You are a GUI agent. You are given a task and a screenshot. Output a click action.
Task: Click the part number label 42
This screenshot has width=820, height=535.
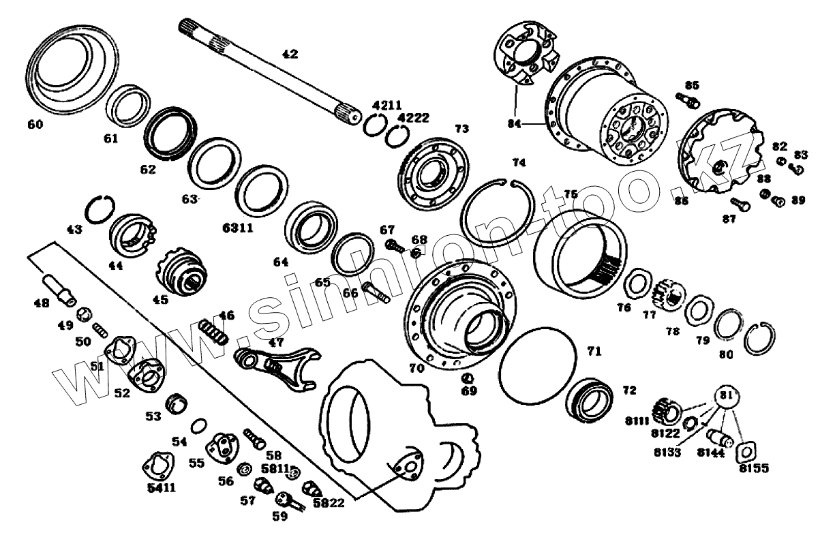click(290, 54)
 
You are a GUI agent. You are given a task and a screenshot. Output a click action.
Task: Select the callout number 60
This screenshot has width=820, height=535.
click(35, 124)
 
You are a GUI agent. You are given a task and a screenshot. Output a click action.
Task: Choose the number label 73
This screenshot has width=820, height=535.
click(461, 128)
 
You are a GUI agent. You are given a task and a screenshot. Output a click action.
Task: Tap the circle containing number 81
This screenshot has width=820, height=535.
click(728, 397)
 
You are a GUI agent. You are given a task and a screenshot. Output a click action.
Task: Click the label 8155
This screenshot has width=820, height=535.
click(753, 469)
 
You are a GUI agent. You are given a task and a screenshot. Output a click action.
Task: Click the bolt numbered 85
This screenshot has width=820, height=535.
click(687, 102)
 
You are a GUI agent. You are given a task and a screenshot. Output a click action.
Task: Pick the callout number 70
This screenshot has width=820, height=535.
click(416, 368)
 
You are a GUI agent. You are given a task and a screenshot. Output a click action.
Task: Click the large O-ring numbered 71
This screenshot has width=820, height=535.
click(537, 365)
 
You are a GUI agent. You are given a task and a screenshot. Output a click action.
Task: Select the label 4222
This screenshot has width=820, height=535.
click(413, 118)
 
